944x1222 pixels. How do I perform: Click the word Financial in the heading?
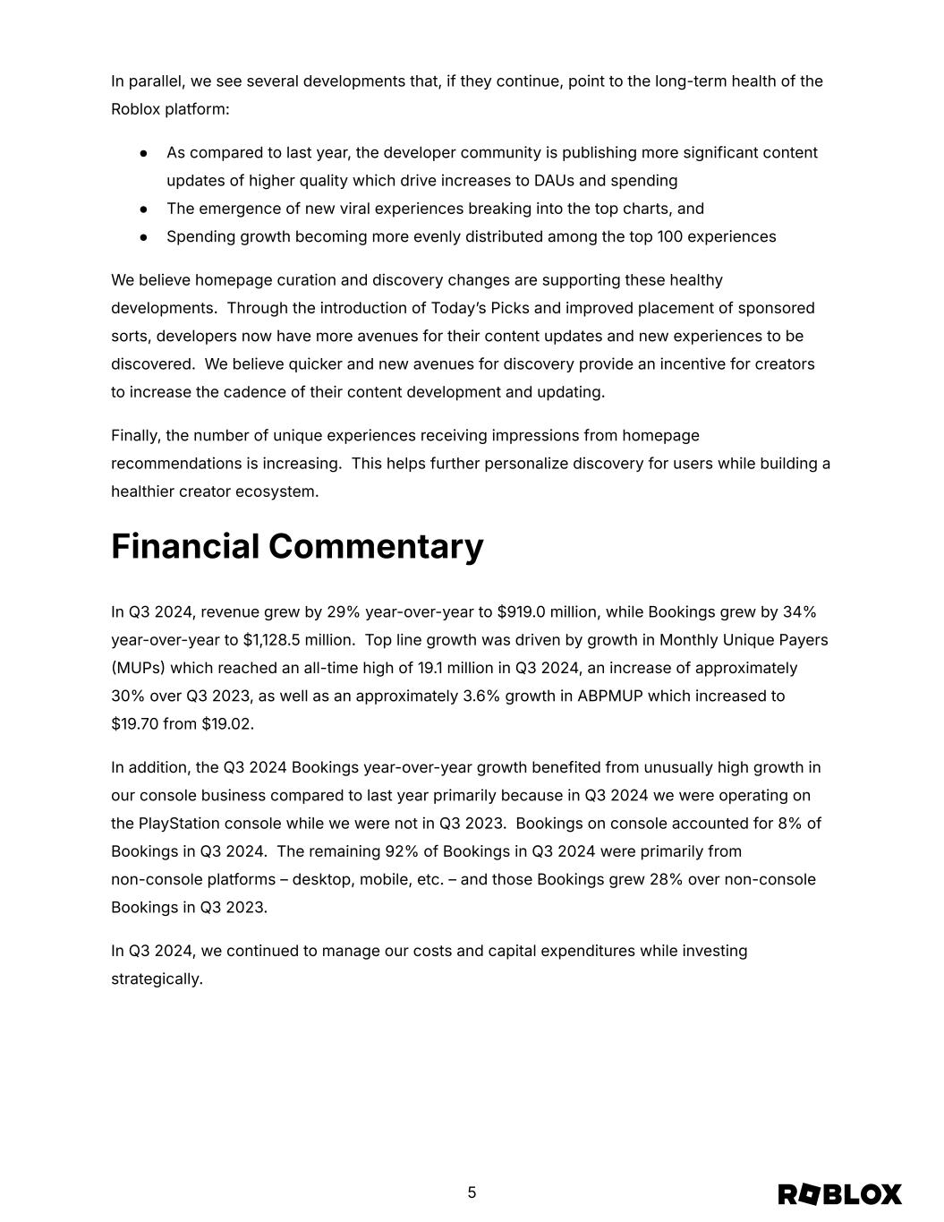pyautogui.click(x=185, y=546)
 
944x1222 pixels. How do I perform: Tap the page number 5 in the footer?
pyautogui.click(x=472, y=1192)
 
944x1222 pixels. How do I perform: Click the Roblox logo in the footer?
pyautogui.click(x=839, y=1194)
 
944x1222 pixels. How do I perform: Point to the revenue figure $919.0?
pyautogui.click(x=521, y=612)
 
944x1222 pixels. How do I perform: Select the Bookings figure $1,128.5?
pyautogui.click(x=271, y=640)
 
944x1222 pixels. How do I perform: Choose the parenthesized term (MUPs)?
pyautogui.click(x=138, y=668)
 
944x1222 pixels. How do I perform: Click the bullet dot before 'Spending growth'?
pyautogui.click(x=143, y=237)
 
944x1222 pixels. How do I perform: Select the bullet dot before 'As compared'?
pyautogui.click(x=143, y=153)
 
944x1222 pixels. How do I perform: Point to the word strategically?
pyautogui.click(x=157, y=979)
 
